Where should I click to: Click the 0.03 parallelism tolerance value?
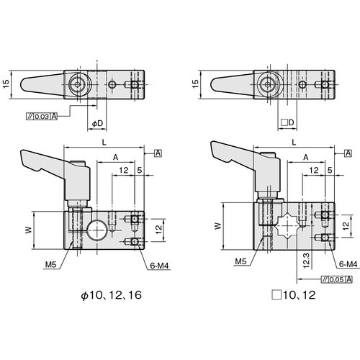pyautogui.click(x=42, y=117)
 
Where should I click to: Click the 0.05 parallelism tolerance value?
pyautogui.click(x=336, y=279)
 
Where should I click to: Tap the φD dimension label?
pyautogui.click(x=97, y=123)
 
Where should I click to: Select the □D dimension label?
pyautogui.click(x=287, y=122)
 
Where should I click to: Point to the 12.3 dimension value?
pyautogui.click(x=307, y=260)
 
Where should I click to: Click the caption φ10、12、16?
pyautogui.click(x=112, y=295)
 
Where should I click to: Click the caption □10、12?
pyautogui.click(x=294, y=295)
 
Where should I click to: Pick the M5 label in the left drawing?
pyautogui.click(x=50, y=264)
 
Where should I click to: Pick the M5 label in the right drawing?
pyautogui.click(x=240, y=261)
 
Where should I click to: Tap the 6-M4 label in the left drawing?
pyautogui.click(x=160, y=266)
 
